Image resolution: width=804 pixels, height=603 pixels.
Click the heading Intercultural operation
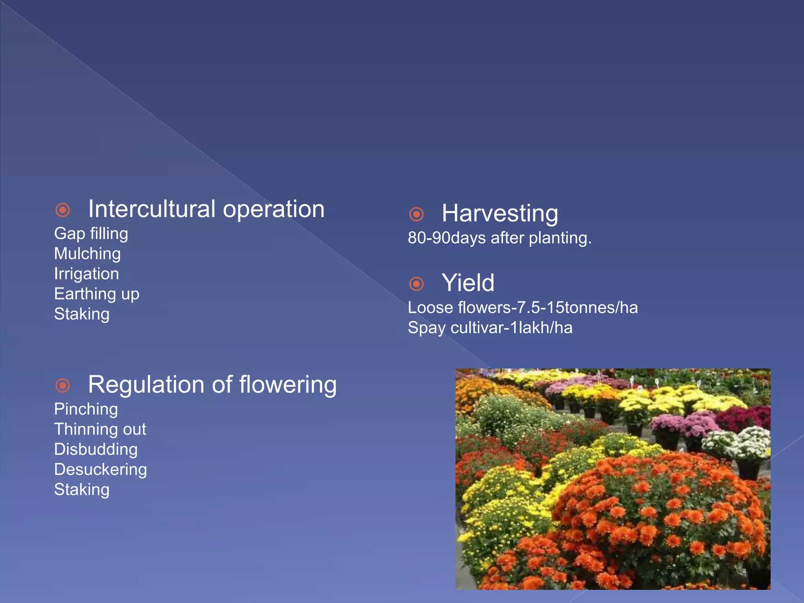pyautogui.click(x=206, y=209)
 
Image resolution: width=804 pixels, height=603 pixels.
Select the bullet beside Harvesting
pyautogui.click(x=416, y=214)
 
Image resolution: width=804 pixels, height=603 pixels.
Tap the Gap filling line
pyautogui.click(x=91, y=234)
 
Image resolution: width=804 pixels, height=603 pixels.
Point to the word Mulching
pyautogui.click(x=88, y=254)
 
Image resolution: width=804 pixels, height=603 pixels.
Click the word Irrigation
pyautogui.click(x=86, y=274)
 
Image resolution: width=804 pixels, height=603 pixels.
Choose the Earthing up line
pyautogui.click(x=97, y=294)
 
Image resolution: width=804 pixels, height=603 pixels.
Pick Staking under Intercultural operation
pyautogui.click(x=82, y=314)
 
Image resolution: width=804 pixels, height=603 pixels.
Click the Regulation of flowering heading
pyautogui.click(x=212, y=384)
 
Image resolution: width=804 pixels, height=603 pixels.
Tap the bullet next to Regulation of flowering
pyautogui.click(x=63, y=386)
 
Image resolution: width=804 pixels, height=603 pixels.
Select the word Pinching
pyautogui.click(x=86, y=409)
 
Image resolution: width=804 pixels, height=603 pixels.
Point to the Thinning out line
pyautogui.click(x=100, y=429)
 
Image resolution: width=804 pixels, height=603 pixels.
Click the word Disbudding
pyautogui.click(x=96, y=449)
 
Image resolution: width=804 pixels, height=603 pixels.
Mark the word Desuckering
pyautogui.click(x=100, y=470)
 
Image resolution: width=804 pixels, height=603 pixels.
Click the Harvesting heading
pyautogui.click(x=500, y=213)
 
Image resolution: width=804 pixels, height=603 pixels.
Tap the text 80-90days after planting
pyautogui.click(x=499, y=238)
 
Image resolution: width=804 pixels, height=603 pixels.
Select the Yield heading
pyautogui.click(x=468, y=283)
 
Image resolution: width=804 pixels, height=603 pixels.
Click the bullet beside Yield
pyautogui.click(x=416, y=284)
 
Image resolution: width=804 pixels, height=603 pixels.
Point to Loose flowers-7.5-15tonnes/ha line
pyautogui.click(x=523, y=307)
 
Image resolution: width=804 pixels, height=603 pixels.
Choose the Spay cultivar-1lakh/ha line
pyautogui.click(x=490, y=328)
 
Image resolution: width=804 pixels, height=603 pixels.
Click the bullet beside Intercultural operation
pyautogui.click(x=63, y=210)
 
